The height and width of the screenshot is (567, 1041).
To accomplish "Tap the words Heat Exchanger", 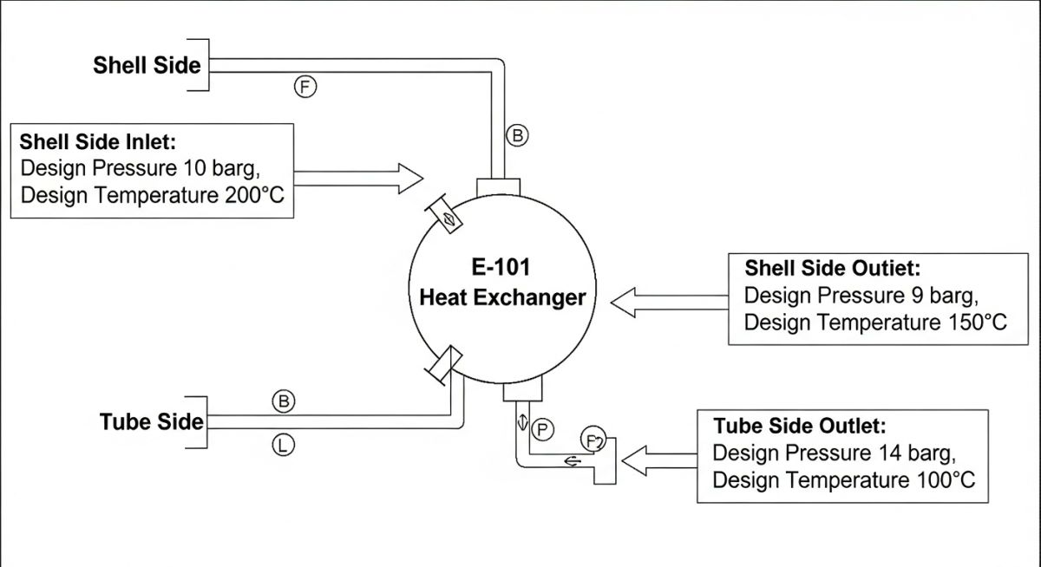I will tap(502, 297).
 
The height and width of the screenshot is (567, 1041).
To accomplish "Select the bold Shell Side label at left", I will tap(147, 65).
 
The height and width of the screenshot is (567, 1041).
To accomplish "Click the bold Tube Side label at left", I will tap(152, 422).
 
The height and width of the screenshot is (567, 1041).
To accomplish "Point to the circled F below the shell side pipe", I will tap(305, 86).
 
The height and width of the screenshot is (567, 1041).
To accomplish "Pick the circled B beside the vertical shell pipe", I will tap(517, 135).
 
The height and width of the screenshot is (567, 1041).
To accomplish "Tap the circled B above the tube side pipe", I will tap(284, 401).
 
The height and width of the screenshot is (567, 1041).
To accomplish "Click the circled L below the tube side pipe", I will tap(284, 446).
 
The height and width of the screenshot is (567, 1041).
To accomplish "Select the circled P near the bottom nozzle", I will tap(543, 428).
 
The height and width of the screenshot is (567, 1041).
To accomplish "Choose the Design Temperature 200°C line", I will tap(152, 195).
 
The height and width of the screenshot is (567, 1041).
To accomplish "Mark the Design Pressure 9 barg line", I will tap(861, 295).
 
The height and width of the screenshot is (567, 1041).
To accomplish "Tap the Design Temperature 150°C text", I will tap(875, 323).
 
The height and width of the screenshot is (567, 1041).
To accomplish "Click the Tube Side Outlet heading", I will tap(800, 426).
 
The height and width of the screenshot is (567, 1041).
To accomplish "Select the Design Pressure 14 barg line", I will tap(834, 453).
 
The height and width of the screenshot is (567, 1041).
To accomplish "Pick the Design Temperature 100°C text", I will tap(843, 480).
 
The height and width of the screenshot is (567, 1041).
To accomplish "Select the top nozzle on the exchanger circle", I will tap(499, 187).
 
